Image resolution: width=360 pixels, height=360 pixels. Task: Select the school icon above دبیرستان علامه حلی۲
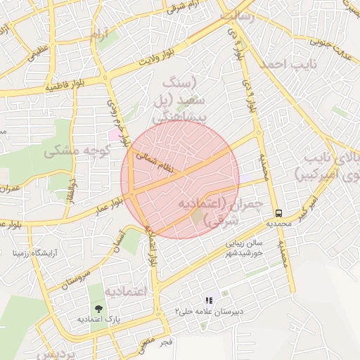(209, 300)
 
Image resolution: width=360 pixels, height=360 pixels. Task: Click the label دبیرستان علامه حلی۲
(208, 311)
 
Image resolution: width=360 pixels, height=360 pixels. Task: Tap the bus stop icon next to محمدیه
(279, 213)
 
